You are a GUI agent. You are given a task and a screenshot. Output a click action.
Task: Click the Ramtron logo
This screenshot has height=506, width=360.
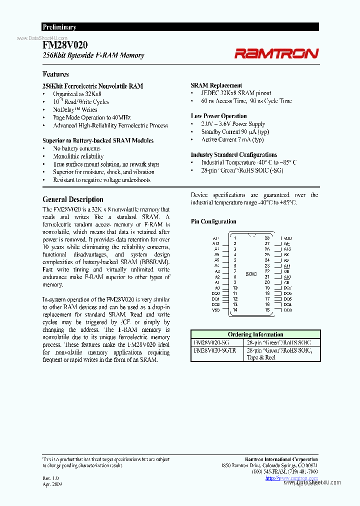(276, 53)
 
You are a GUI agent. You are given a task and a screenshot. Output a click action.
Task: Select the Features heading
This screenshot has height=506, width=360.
(55, 74)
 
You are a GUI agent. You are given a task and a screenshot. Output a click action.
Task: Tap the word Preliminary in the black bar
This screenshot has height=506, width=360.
(59, 27)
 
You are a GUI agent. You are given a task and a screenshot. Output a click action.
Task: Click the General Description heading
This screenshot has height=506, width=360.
(73, 199)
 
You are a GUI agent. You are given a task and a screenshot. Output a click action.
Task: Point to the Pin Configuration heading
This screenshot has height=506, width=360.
(213, 221)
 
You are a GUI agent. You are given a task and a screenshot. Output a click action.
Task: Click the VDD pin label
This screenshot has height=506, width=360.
(287, 238)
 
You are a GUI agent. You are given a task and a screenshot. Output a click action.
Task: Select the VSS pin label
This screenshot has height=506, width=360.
(215, 310)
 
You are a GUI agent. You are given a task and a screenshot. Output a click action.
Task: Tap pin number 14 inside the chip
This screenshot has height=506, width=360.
(234, 310)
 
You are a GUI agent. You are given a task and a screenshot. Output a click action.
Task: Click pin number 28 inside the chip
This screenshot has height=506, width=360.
(267, 238)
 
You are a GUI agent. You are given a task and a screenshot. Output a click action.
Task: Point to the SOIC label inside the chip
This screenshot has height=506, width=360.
(251, 274)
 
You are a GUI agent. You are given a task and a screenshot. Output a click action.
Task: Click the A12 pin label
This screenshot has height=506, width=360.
(216, 243)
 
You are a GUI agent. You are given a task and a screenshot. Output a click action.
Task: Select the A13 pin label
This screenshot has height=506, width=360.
(287, 249)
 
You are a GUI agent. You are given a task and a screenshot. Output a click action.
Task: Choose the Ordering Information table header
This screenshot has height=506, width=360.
(255, 334)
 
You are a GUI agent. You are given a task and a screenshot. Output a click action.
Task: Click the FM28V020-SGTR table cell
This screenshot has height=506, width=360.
(214, 350)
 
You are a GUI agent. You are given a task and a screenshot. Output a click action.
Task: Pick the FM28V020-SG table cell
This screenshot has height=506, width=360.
(211, 342)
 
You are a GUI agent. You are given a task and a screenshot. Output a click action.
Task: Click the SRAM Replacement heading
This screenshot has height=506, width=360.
(216, 85)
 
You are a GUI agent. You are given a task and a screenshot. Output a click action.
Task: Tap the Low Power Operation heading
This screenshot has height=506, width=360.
(218, 116)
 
